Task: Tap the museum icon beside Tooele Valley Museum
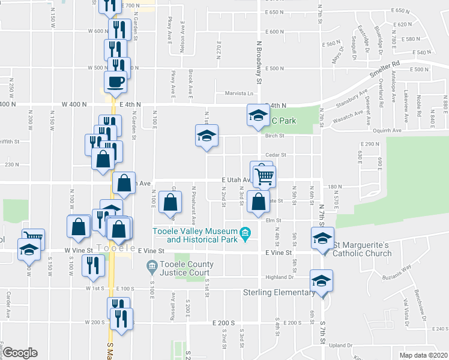[x=245, y=232]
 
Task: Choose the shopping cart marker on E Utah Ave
[x=265, y=175]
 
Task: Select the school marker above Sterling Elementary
[x=321, y=280]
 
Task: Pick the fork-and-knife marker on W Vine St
[x=92, y=265]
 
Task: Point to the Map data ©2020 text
[x=423, y=355]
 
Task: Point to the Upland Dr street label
[x=340, y=346]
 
